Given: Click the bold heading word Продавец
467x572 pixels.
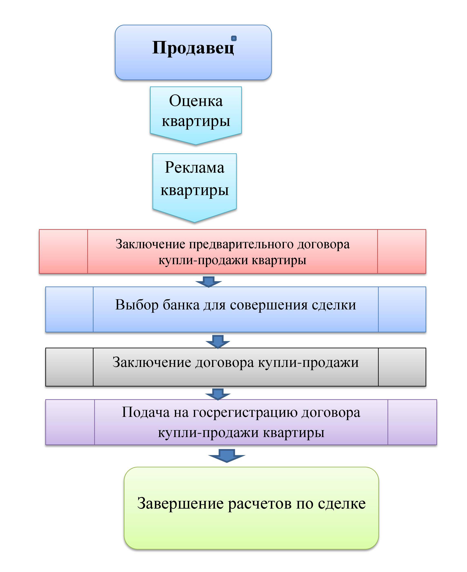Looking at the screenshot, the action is click(193, 48).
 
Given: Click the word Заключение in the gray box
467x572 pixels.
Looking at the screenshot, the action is click(152, 362).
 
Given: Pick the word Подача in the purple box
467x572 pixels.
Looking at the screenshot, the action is click(146, 412).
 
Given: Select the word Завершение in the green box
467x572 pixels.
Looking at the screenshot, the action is click(180, 503).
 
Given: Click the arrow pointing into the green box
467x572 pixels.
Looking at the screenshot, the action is click(227, 456).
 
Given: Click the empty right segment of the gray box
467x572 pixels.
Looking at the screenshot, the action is click(402, 367).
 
